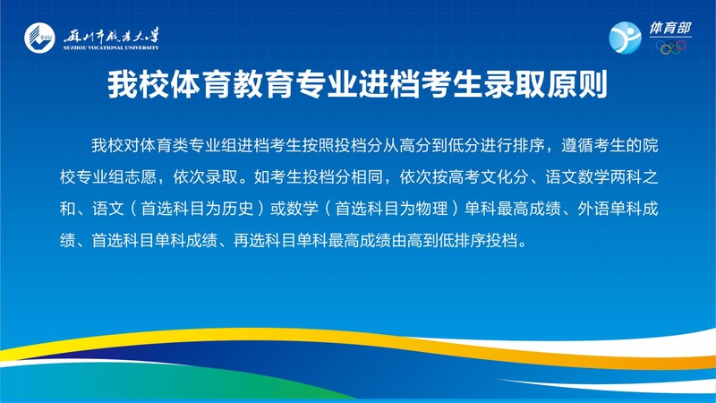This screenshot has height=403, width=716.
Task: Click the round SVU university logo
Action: pyautogui.click(x=39, y=38)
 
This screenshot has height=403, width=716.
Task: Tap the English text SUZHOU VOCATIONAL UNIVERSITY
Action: pyautogui.click(x=111, y=47)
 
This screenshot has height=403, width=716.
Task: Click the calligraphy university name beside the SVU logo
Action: pyautogui.click(x=111, y=35)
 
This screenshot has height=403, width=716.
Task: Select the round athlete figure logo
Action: pyautogui.click(x=625, y=38)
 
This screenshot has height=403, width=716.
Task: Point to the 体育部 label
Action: pyautogui.click(x=670, y=29)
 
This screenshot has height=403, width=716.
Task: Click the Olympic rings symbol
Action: pyautogui.click(x=671, y=47)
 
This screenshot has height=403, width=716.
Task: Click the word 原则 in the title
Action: pyautogui.click(x=577, y=84)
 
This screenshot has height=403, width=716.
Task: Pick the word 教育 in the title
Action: pyautogui.click(x=263, y=84)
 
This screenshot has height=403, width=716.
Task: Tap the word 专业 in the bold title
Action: pyautogui.click(x=326, y=84)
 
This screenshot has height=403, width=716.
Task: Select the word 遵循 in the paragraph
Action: pyautogui.click(x=577, y=146)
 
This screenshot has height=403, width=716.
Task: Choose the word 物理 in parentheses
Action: pyautogui.click(x=432, y=209)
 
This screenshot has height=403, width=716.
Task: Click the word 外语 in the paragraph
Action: pyautogui.click(x=593, y=209)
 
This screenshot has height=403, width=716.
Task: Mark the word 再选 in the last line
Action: pyautogui.click(x=250, y=240)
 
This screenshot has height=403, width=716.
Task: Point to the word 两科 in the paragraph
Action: pyautogui.click(x=626, y=177)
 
